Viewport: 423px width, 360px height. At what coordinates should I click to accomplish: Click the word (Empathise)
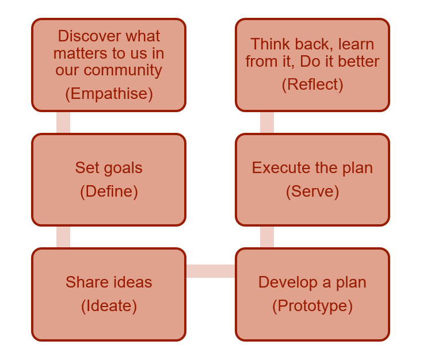[x=109, y=94]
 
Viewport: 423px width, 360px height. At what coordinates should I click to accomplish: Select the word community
[x=123, y=71]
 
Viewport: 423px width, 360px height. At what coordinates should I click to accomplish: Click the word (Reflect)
[x=313, y=85]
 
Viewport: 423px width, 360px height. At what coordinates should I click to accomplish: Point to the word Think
[x=271, y=44]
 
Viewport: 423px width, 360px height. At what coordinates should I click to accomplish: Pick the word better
[x=359, y=61]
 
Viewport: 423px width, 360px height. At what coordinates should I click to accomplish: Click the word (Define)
[x=109, y=192]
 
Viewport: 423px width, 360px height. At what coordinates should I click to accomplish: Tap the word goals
[x=123, y=168]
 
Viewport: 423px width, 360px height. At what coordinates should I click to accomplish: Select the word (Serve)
[x=313, y=192]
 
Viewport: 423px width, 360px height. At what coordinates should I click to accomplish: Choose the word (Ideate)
[x=109, y=306]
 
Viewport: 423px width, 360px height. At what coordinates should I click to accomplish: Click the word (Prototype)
[x=313, y=306]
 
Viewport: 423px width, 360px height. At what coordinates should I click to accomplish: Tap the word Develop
[x=288, y=283]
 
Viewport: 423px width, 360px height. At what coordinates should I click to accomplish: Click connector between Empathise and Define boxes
[x=63, y=122]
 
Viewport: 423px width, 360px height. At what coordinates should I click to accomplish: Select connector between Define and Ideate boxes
[x=63, y=237]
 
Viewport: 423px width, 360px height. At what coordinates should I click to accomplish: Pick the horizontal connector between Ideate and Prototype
[x=211, y=271]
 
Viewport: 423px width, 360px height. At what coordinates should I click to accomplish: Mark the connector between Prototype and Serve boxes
[x=267, y=237]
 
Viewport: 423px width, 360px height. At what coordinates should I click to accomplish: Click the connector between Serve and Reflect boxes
[x=267, y=122]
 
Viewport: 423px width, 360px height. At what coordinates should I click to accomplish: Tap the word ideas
[x=132, y=282]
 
